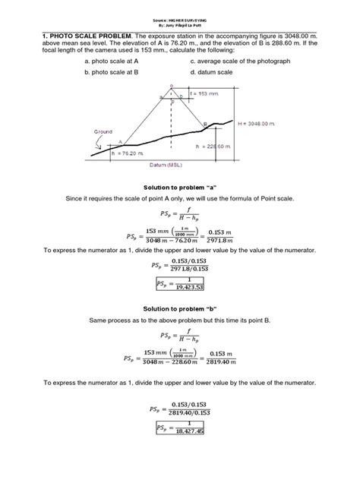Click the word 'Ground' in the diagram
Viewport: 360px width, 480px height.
point(103,131)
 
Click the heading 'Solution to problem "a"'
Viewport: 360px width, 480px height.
point(180,187)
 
